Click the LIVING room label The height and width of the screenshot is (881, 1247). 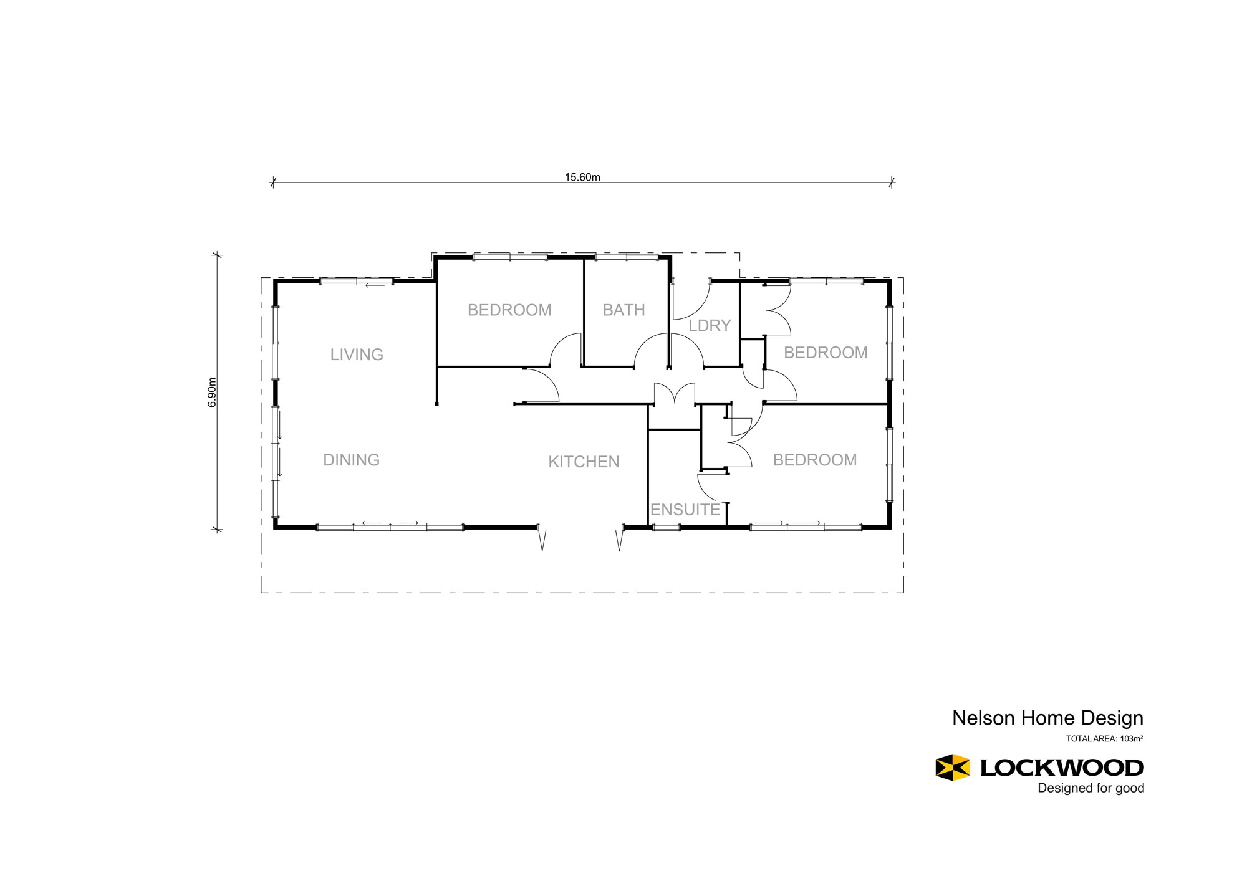[357, 355]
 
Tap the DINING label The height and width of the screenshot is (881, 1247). [351, 460]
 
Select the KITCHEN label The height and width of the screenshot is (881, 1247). [584, 462]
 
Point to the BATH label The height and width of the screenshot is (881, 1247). [623, 310]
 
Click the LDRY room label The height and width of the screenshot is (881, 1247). [710, 325]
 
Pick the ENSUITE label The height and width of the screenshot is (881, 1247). [685, 510]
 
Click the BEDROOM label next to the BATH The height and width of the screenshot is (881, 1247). [509, 310]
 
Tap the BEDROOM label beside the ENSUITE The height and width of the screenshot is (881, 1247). [815, 460]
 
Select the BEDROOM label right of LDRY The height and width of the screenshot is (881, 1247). [826, 353]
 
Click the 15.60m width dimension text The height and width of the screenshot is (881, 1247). [582, 177]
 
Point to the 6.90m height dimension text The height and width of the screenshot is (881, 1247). [213, 393]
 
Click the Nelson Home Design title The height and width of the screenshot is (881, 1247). [1047, 718]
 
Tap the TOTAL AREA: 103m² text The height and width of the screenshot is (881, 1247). [1104, 739]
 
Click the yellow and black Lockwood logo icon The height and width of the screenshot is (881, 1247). [953, 767]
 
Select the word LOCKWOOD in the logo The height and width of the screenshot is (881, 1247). [1062, 768]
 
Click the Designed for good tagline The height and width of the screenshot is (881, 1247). [1091, 788]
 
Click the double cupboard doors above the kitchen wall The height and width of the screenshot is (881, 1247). [675, 394]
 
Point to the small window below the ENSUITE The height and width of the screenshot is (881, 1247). [666, 528]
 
